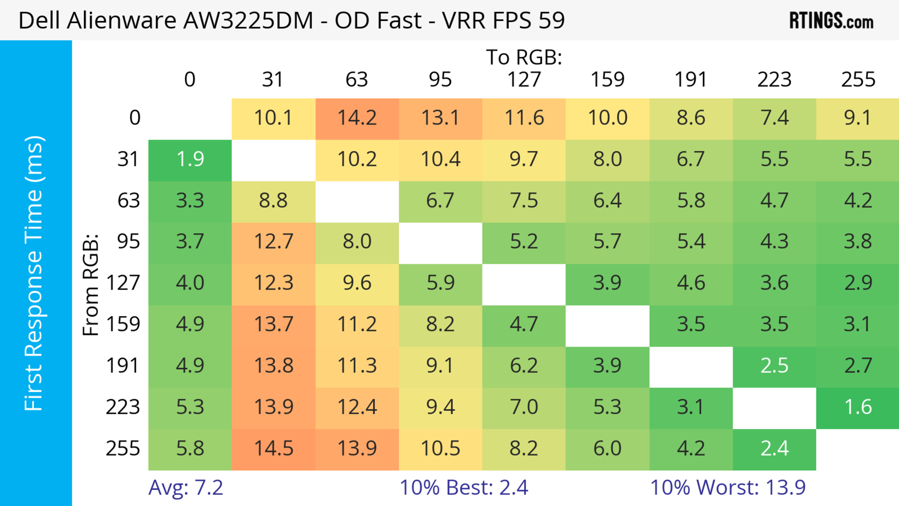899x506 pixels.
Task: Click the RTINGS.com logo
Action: [831, 20]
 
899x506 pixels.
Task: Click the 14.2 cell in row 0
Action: [357, 118]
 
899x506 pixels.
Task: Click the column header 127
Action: [524, 80]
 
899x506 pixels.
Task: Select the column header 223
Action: [774, 80]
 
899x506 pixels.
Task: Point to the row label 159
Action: [123, 325]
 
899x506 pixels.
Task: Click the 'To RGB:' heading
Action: [524, 57]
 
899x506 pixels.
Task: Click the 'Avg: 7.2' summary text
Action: [186, 488]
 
